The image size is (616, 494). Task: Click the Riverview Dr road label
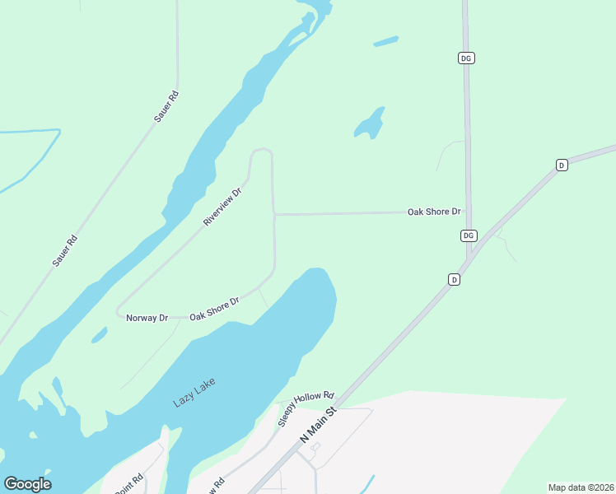[222, 207]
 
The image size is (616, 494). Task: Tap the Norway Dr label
[147, 318]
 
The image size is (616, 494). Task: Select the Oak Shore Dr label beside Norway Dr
[214, 309]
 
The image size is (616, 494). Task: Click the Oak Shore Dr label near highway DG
[434, 212]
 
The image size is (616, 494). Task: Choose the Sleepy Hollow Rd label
[306, 408]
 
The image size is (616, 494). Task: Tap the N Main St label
[320, 423]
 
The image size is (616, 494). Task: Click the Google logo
[27, 484]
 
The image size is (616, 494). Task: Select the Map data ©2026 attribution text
[581, 487]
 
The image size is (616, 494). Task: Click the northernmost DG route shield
[467, 58]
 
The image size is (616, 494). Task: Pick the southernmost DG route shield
[468, 235]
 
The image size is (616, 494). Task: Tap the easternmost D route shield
[562, 165]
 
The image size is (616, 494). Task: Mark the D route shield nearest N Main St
[454, 280]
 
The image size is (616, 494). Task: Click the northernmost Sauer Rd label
[166, 107]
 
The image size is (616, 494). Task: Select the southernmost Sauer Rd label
[64, 251]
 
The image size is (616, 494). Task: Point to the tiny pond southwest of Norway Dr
[99, 334]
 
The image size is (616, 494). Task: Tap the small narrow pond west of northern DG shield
[385, 40]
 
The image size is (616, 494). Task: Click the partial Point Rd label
[130, 483]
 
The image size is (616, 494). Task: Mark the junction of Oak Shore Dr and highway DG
[468, 212]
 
